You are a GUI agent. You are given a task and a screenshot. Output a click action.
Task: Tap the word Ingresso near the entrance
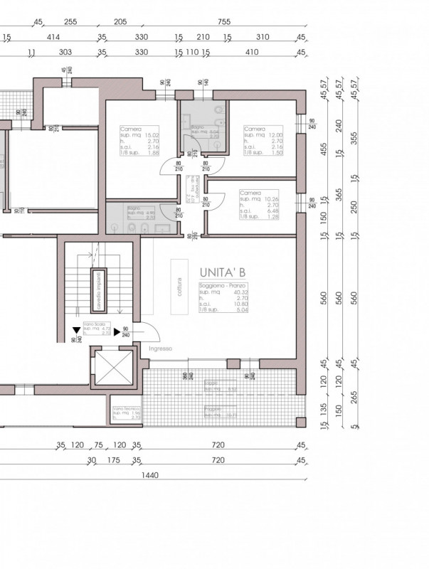161,349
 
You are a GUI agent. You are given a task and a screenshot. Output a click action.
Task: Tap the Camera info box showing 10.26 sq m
260,206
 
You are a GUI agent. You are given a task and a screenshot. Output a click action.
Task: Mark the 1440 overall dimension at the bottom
149,476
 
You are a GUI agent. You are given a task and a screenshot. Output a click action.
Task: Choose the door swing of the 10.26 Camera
211,201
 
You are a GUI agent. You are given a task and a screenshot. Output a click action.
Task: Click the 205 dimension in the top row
120,22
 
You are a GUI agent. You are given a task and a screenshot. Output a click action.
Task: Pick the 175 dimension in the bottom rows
112,460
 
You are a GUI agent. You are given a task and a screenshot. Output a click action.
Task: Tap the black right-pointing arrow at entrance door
117,331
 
